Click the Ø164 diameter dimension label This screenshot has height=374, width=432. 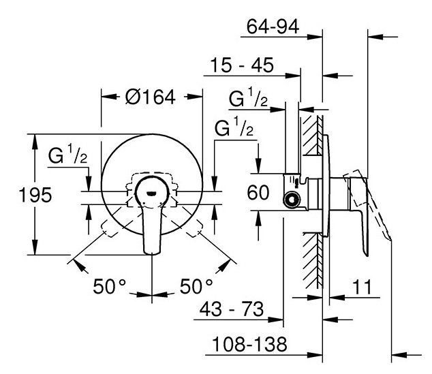click(151, 97)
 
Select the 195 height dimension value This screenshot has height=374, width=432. click(35, 195)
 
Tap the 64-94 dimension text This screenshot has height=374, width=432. click(273, 27)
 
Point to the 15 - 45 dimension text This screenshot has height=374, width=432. click(242, 65)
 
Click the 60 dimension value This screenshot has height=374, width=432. click(258, 192)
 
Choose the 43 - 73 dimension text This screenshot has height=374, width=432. click(232, 309)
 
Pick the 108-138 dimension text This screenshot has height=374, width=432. click(249, 344)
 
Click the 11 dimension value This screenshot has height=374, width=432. click(362, 287)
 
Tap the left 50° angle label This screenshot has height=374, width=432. click(110, 286)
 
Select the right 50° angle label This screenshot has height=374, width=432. click(196, 286)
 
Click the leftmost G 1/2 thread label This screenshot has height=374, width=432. click(67, 155)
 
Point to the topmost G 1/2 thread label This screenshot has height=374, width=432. click(248, 97)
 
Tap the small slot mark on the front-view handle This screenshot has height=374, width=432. click(151, 193)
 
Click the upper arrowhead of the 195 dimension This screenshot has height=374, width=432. click(35, 142)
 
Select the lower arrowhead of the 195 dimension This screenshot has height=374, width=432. click(35, 247)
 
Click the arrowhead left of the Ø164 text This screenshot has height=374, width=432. click(109, 96)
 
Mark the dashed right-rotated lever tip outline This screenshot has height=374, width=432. click(195, 228)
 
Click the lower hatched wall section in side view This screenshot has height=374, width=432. click(313, 260)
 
